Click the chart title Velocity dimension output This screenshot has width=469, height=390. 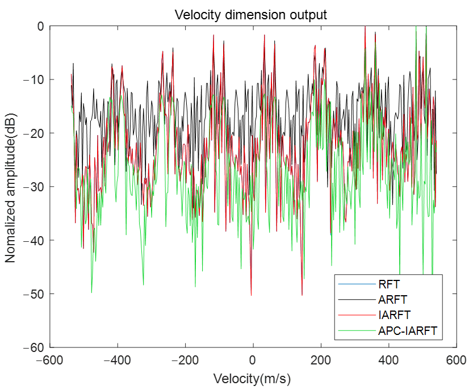250,15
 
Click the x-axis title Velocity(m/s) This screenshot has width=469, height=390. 253,378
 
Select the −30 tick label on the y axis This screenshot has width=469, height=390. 36,187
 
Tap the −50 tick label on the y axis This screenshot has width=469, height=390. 36,294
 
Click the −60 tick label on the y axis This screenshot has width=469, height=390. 36,347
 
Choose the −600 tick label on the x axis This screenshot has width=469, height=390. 50,360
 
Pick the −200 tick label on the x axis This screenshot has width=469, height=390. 185,360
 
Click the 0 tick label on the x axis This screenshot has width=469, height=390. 253,360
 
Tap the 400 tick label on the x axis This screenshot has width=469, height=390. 388,360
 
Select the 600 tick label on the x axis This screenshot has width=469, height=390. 455,360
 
